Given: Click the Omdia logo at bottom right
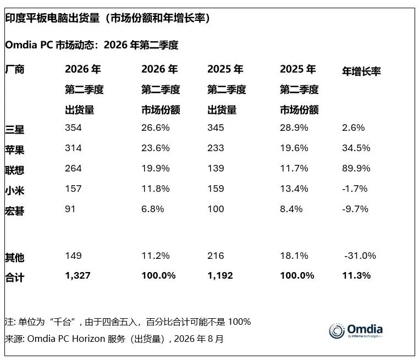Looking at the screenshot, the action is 356,331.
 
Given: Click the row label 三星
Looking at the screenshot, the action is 15,130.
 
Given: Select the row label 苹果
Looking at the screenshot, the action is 15,150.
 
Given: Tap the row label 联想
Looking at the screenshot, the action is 15,170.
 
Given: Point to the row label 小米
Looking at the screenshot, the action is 15,190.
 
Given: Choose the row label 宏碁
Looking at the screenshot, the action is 15,211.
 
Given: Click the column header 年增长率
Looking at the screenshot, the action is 361,71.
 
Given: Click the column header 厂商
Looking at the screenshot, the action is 15,69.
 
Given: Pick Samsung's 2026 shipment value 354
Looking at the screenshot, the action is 73,128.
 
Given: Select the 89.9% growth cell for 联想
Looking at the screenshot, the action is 356,168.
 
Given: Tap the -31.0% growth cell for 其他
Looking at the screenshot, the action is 360,256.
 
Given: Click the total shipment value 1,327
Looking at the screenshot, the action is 78,275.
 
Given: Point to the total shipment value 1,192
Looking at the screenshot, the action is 220,275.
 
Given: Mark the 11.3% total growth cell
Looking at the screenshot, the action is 356,275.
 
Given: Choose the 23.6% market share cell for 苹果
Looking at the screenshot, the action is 156,148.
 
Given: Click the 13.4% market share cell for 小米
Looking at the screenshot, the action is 294,189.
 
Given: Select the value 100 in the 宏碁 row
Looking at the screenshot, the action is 216,209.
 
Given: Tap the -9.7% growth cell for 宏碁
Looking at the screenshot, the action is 355,209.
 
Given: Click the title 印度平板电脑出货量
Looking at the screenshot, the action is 52,18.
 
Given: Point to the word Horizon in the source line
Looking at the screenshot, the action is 89,339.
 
